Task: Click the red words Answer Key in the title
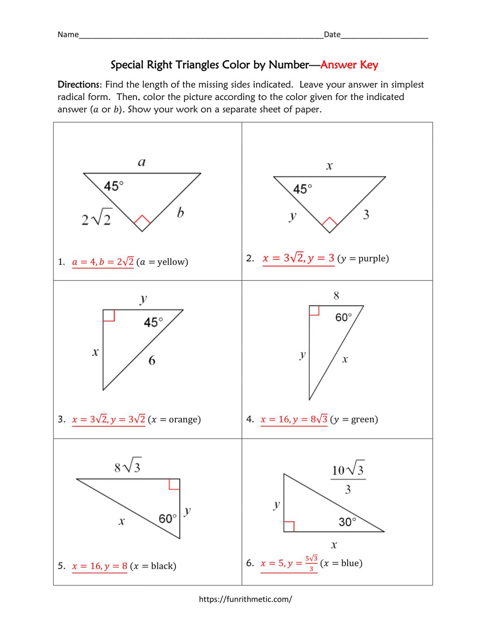349,65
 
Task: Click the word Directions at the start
78,85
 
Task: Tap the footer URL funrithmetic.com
245,599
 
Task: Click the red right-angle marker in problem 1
142,223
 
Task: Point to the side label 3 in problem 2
366,214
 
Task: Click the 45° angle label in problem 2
302,189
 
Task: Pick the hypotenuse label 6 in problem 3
152,360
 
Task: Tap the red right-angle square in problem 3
109,315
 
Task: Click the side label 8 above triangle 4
336,296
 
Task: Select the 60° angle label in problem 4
343,317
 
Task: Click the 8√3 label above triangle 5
128,466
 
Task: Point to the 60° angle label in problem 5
167,518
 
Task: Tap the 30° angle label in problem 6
347,522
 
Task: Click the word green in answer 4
362,419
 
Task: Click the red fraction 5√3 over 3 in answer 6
311,563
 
